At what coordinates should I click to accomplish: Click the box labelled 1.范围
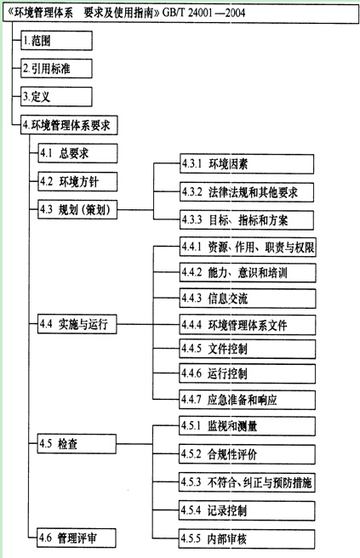[56, 41]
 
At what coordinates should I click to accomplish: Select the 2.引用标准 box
[56, 69]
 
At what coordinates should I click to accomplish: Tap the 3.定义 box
[56, 96]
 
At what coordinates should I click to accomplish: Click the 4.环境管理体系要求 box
[69, 125]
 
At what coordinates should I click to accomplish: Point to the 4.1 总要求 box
[77, 153]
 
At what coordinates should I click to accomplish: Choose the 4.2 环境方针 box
[77, 181]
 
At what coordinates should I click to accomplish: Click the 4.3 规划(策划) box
[77, 209]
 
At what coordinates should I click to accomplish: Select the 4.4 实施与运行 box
[77, 324]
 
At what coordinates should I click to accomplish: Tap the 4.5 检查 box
[77, 444]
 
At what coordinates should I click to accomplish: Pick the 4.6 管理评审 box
[77, 538]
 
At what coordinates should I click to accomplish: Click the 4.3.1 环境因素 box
[247, 164]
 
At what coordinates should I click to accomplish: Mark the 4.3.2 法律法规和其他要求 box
[247, 192]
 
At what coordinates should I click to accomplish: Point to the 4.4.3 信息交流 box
[248, 299]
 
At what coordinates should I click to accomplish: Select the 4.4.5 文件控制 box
[248, 349]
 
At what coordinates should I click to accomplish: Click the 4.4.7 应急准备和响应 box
[247, 400]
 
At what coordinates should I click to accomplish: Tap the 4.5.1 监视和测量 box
[247, 426]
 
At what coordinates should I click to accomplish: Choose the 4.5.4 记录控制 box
[247, 510]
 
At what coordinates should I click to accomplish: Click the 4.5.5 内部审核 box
[247, 538]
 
